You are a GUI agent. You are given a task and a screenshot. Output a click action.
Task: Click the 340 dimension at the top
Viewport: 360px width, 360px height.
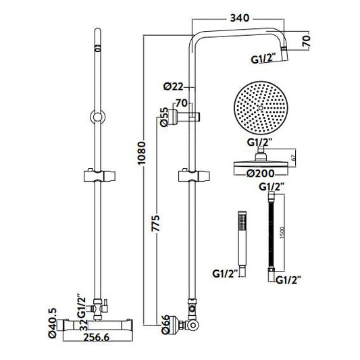pyautogui.click(x=240, y=18)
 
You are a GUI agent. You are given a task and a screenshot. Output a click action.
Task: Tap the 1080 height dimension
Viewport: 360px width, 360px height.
pyautogui.click(x=142, y=153)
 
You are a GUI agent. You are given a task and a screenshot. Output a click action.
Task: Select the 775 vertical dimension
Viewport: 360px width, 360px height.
pyautogui.click(x=155, y=223)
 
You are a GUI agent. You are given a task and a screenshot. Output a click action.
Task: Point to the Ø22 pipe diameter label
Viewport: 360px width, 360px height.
pyautogui.click(x=174, y=86)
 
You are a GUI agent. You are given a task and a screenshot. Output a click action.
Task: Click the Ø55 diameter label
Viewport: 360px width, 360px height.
pyautogui.click(x=164, y=117)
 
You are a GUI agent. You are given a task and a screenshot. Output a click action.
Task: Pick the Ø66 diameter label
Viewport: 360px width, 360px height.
pyautogui.click(x=165, y=325)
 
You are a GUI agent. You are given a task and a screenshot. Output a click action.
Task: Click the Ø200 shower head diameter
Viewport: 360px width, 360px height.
pyautogui.click(x=260, y=174)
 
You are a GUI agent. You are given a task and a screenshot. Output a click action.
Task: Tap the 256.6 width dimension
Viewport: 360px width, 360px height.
pyautogui.click(x=97, y=338)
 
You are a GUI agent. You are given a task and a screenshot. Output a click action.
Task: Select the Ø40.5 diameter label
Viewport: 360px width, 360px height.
pyautogui.click(x=53, y=323)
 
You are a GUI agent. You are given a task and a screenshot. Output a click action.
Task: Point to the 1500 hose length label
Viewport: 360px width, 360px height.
pyautogui.click(x=282, y=232)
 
